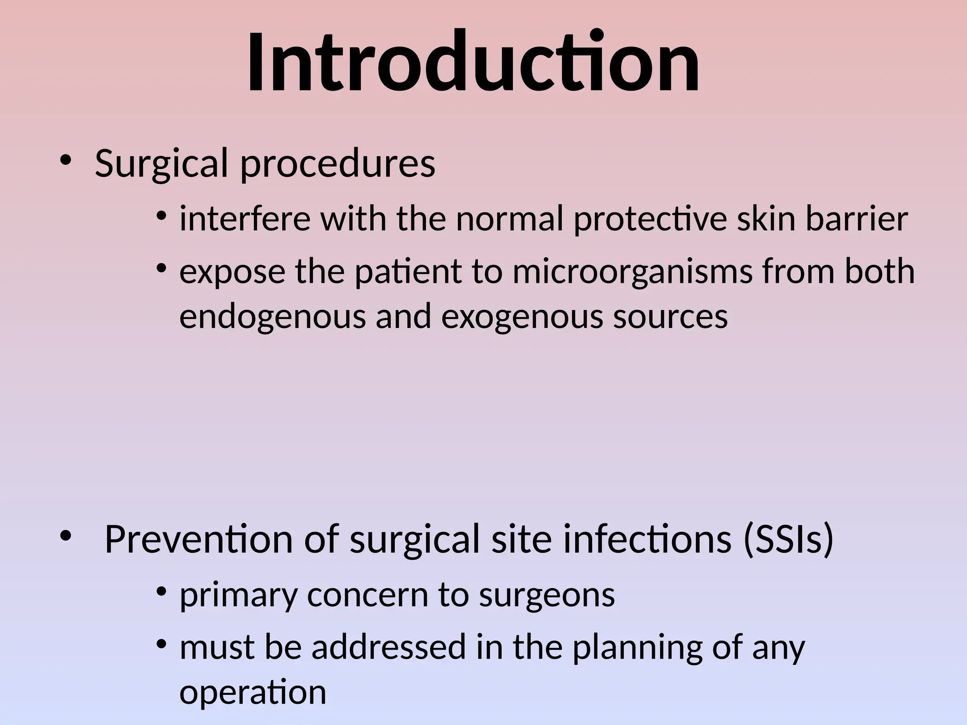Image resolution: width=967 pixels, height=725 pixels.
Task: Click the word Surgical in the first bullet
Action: (161, 163)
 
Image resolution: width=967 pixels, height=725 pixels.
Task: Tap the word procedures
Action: (338, 164)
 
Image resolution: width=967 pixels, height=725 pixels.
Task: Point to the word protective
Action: (650, 220)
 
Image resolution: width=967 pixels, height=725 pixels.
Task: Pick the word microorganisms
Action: (632, 272)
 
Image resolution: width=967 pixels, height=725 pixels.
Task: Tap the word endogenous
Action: (272, 317)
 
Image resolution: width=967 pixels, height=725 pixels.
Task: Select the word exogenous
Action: (522, 317)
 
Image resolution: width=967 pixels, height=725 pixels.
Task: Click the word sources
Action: (670, 317)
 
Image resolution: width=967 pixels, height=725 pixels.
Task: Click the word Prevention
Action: (198, 539)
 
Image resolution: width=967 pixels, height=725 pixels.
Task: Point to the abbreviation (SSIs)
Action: (789, 539)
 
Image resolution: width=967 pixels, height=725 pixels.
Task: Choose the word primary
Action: (238, 596)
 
